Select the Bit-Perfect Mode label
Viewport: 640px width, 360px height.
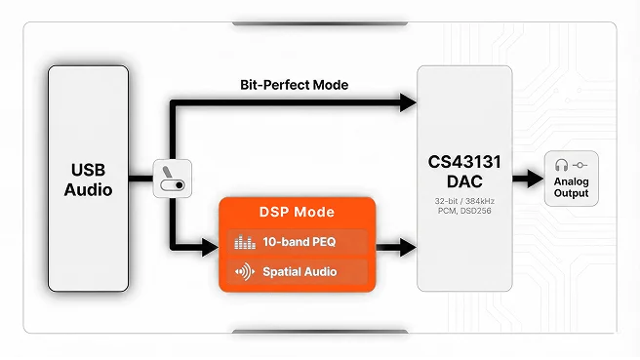tap(294, 85)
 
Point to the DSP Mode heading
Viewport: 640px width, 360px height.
tap(296, 212)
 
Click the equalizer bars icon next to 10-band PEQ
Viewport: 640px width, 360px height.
tap(244, 242)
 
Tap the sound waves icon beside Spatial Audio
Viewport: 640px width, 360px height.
tap(244, 271)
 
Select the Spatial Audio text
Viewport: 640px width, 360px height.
tap(300, 271)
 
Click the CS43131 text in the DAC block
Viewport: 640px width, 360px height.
tap(463, 161)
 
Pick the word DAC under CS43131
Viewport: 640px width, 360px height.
tap(463, 181)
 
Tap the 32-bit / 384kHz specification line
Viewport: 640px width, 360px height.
tap(463, 201)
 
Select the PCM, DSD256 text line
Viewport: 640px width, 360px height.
tap(463, 212)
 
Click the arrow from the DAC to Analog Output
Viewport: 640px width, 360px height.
tap(527, 179)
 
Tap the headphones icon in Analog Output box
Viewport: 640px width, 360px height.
tap(562, 165)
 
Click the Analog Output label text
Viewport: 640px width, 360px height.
tap(571, 186)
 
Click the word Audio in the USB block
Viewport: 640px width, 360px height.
tap(89, 191)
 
